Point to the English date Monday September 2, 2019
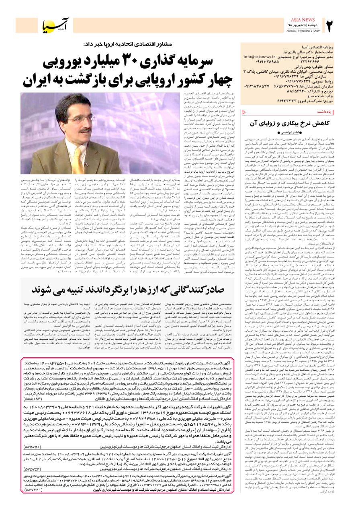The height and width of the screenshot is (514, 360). [304, 31]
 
